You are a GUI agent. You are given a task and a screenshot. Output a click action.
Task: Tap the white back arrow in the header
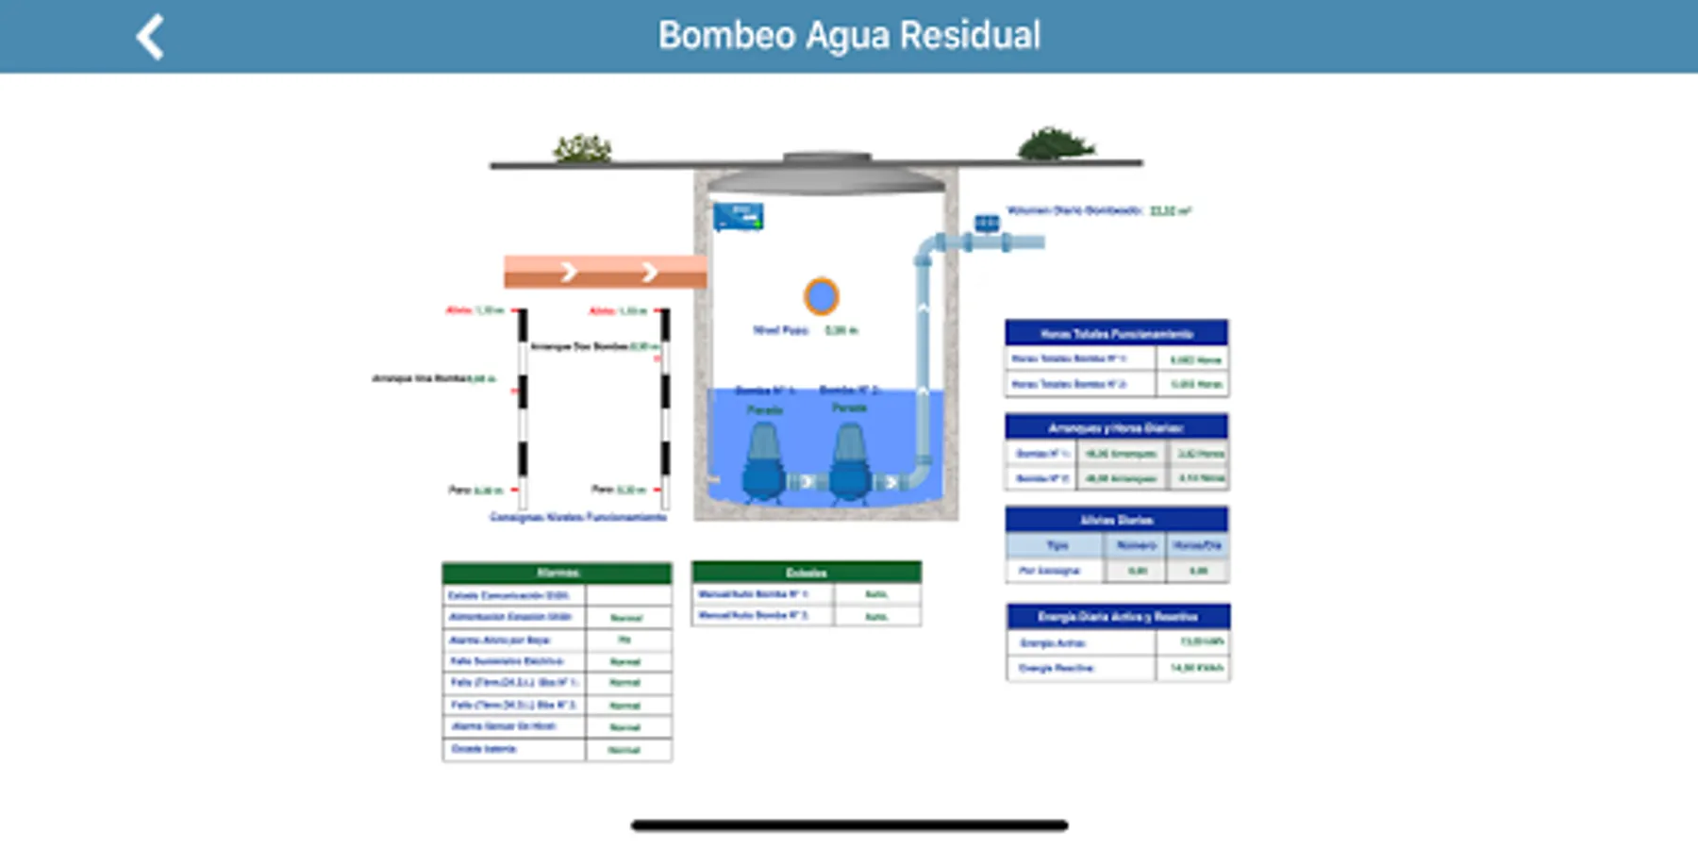[x=151, y=38]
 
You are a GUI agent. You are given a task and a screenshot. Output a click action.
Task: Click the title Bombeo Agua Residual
[x=849, y=36]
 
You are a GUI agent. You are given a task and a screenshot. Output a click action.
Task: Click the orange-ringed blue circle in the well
[x=821, y=296]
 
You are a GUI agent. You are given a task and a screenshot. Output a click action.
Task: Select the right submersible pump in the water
[x=849, y=462]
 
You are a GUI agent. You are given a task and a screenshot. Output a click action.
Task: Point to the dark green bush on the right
[x=1055, y=144]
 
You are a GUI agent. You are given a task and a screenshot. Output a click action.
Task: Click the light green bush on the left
[x=582, y=147]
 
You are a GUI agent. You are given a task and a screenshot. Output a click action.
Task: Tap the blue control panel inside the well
[x=738, y=217]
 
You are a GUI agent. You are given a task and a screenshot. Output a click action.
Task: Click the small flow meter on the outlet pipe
[x=987, y=224]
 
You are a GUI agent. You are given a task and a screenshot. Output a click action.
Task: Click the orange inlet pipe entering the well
[x=605, y=272]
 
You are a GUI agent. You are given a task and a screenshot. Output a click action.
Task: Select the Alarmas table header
[x=558, y=573]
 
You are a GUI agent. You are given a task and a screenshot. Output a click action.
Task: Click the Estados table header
[x=807, y=573]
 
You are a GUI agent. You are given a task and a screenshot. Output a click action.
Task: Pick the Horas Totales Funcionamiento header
[x=1116, y=333]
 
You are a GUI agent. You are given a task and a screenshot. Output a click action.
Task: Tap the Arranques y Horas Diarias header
[x=1116, y=427]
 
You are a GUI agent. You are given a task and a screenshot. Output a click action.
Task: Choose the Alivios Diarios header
[x=1116, y=520]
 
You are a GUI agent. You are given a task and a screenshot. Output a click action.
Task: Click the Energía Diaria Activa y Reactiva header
[x=1118, y=617]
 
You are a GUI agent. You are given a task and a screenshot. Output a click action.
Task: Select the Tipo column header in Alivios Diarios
[x=1056, y=545]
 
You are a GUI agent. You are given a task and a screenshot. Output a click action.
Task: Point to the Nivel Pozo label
[x=781, y=330]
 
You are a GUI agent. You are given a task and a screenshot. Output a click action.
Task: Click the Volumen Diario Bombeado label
[x=1075, y=210]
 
